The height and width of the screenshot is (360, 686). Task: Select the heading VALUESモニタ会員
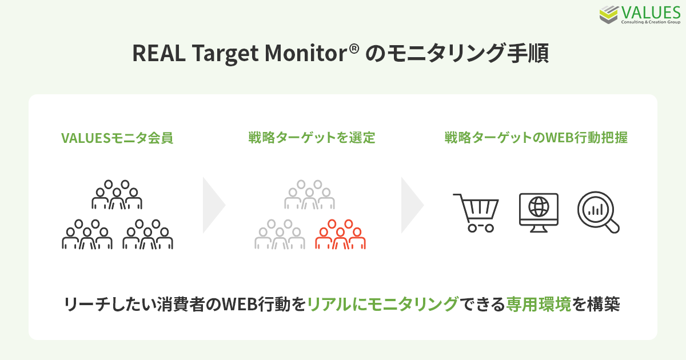click(x=117, y=138)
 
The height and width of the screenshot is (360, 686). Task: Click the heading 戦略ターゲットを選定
click(x=312, y=138)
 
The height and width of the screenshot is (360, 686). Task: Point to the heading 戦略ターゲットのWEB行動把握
click(x=536, y=138)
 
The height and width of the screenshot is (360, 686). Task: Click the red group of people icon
click(x=341, y=235)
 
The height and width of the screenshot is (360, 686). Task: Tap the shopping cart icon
click(x=476, y=212)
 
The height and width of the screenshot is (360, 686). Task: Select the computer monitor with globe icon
click(x=539, y=212)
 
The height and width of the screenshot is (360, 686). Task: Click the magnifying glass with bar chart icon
click(x=598, y=212)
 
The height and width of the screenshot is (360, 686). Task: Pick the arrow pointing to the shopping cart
click(x=412, y=205)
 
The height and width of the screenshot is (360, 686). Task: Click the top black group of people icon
click(x=117, y=195)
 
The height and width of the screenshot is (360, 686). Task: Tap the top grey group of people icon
click(x=310, y=195)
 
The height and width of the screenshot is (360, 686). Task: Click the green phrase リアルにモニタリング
click(x=382, y=303)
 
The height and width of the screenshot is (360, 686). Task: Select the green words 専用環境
click(x=539, y=303)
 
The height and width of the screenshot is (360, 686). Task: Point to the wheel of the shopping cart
click(x=472, y=227)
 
